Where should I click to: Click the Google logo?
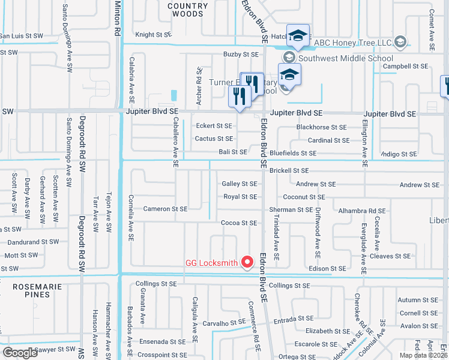(x=20, y=353)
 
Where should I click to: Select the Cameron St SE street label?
(x=165, y=209)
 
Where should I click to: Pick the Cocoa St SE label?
(x=239, y=223)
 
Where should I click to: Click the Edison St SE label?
(x=327, y=269)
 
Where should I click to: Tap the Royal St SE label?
(x=240, y=197)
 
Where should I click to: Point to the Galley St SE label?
(x=239, y=184)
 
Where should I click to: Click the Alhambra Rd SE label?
(x=361, y=211)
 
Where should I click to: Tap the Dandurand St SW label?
(x=33, y=242)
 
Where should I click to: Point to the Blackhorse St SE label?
(x=321, y=127)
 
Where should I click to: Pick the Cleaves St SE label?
(x=390, y=256)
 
